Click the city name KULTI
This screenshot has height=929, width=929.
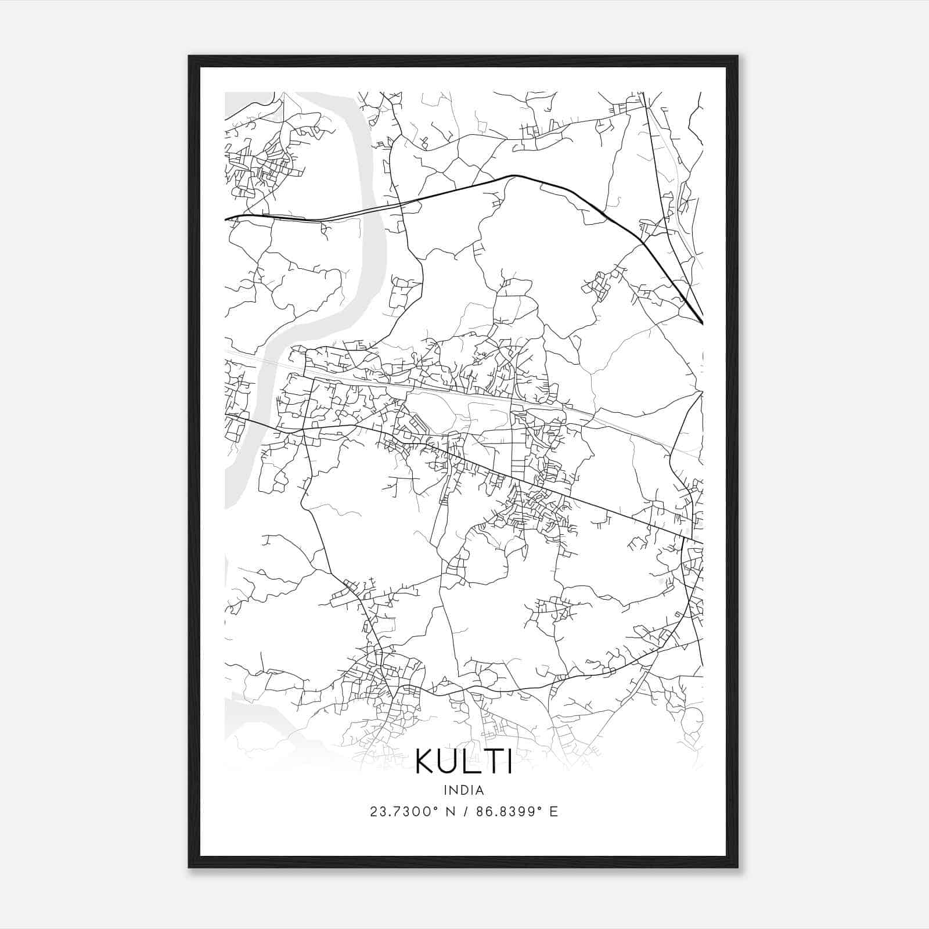pyautogui.click(x=464, y=762)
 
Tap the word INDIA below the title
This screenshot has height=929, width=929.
pyautogui.click(x=464, y=790)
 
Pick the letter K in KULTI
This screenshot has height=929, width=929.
pyautogui.click(x=426, y=762)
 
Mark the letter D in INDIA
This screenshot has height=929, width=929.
pyautogui.click(x=465, y=790)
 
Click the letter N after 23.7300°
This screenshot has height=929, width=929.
pyautogui.click(x=448, y=812)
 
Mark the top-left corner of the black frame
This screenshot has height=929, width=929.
pyautogui.click(x=189, y=57)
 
